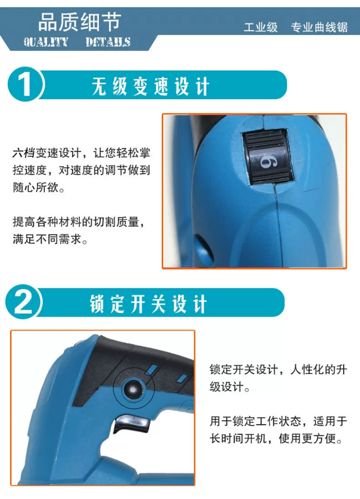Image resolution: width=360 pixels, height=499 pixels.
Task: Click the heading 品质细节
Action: pos(80,22)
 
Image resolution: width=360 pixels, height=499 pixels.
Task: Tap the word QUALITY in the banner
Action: pos(46,42)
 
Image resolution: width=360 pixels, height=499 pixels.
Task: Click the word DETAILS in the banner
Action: pos(108,42)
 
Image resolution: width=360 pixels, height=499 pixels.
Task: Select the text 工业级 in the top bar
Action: pos(261,27)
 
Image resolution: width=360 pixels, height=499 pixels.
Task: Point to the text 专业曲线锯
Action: pos(319,27)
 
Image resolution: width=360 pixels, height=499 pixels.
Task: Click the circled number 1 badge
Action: pos(25,84)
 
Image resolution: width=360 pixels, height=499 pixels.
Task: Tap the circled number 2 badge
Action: pos(23,302)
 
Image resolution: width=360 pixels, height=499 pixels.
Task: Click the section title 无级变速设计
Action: pos(150,86)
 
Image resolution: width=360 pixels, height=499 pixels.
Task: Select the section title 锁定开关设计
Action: pos(149,304)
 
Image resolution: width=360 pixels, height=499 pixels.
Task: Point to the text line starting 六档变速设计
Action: pos(81,153)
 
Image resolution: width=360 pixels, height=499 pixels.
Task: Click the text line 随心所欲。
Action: pos(39,187)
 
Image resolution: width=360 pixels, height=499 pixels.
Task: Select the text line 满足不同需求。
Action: pos(50,239)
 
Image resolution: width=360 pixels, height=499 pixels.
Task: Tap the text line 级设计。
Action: pos(230,387)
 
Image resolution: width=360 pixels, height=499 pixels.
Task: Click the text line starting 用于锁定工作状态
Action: pos(278,421)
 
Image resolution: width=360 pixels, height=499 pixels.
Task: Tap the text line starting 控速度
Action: pos(81,170)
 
